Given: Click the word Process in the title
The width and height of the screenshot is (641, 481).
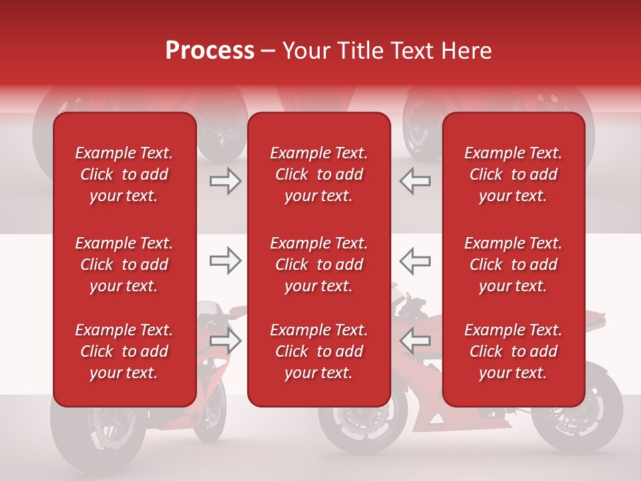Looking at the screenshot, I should (210, 50).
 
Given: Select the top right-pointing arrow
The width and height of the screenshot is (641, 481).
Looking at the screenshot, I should (225, 181).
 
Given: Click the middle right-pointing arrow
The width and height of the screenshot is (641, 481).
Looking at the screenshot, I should (225, 261).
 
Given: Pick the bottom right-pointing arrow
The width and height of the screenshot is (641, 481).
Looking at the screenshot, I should (225, 340).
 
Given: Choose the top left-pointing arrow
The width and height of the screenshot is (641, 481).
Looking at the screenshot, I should (415, 181).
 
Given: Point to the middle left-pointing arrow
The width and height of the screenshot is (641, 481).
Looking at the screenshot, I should (415, 261).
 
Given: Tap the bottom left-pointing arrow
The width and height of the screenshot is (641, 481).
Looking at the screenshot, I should (415, 340).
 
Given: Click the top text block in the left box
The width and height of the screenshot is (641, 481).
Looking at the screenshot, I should (124, 174).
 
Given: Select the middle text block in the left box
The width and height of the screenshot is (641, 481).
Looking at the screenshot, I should (124, 265).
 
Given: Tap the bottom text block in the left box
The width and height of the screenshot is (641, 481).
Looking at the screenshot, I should (124, 351).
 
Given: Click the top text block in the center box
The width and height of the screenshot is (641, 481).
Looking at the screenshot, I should (319, 174).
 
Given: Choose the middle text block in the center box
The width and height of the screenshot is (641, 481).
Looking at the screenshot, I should (319, 265).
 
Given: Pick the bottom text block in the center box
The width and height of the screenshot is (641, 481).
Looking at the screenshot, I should (319, 351).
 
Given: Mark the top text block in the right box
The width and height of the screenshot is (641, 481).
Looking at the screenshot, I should (513, 174).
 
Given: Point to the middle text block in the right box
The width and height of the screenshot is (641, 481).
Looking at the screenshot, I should (513, 265).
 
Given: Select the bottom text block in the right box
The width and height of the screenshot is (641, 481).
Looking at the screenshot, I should (513, 351).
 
